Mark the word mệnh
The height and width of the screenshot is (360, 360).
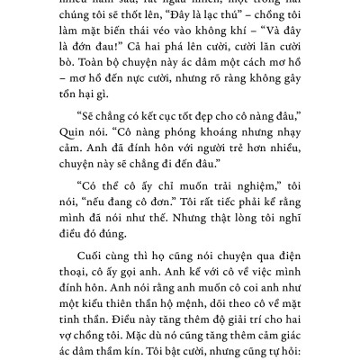click(x=220, y=330)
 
